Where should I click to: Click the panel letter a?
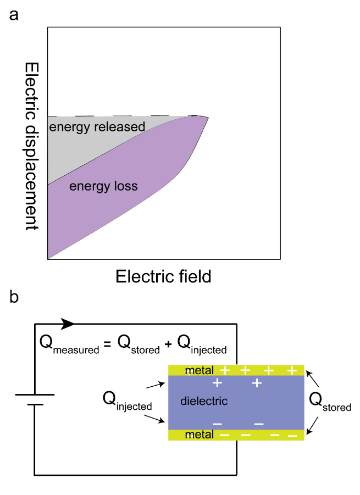(x=14, y=15)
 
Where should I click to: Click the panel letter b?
(x=14, y=297)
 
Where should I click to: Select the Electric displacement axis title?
(x=31, y=145)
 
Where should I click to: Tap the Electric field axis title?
(x=163, y=276)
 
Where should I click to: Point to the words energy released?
(x=97, y=127)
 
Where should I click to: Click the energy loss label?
(x=103, y=187)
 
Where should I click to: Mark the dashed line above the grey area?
(x=121, y=116)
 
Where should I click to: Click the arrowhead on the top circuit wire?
(x=68, y=324)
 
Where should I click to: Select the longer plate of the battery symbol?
(x=35, y=394)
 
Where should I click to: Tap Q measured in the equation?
(x=68, y=344)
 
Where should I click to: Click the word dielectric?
(x=204, y=401)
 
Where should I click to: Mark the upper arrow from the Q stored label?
(x=312, y=378)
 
